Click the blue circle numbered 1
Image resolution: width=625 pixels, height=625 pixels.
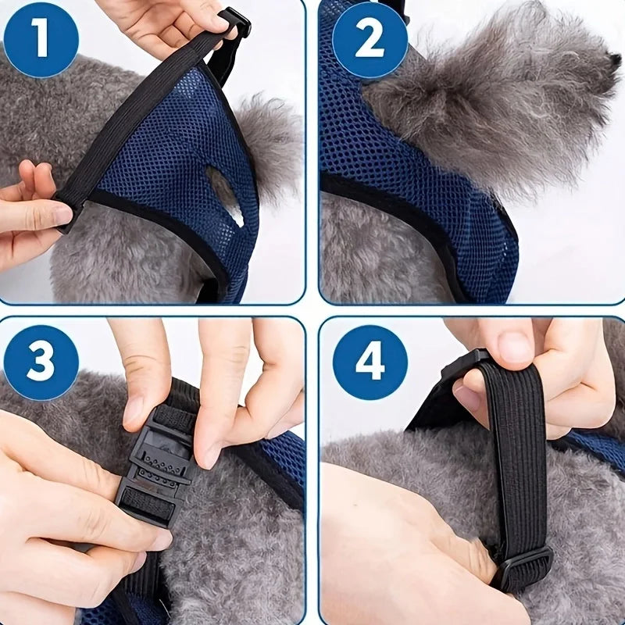coord(41,41)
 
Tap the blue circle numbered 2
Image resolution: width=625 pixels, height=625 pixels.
coord(370,41)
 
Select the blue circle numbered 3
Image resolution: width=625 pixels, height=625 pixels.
coord(41,362)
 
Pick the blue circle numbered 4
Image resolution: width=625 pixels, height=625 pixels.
coord(370,362)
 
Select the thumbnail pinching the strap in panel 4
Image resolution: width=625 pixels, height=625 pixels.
coord(512,347)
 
